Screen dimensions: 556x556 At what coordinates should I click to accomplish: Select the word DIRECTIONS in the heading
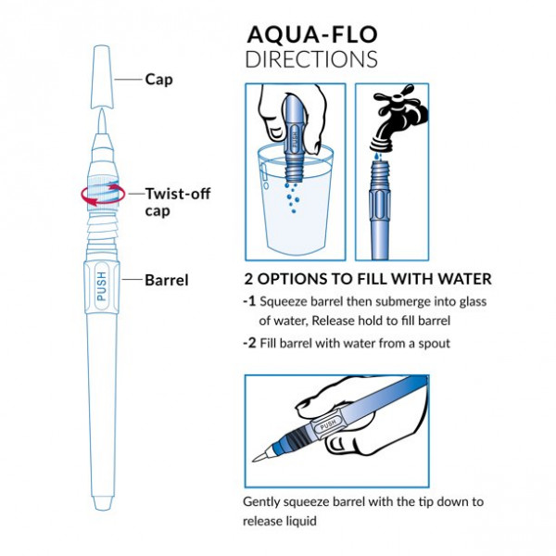(311, 59)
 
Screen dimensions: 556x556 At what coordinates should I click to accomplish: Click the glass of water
(295, 199)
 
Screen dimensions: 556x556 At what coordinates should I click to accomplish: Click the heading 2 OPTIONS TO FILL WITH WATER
(367, 279)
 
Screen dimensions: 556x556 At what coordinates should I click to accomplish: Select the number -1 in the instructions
(249, 301)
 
